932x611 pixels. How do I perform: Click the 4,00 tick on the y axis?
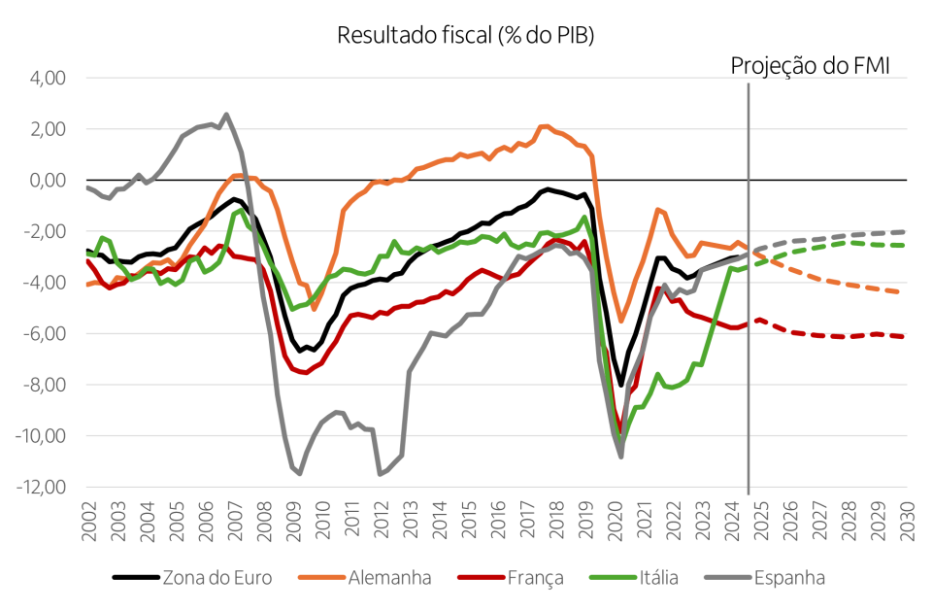click(x=46, y=78)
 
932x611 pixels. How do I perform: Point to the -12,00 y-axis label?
click(x=39, y=487)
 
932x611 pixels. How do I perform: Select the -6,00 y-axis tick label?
click(x=42, y=333)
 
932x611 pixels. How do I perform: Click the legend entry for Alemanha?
click(x=388, y=578)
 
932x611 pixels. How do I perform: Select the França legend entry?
click(x=534, y=578)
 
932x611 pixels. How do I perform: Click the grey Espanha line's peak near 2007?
click(x=226, y=115)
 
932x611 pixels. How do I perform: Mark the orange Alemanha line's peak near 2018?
click(x=544, y=125)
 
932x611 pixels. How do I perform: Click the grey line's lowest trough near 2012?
click(x=380, y=474)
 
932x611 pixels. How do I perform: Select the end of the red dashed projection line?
click(x=906, y=336)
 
